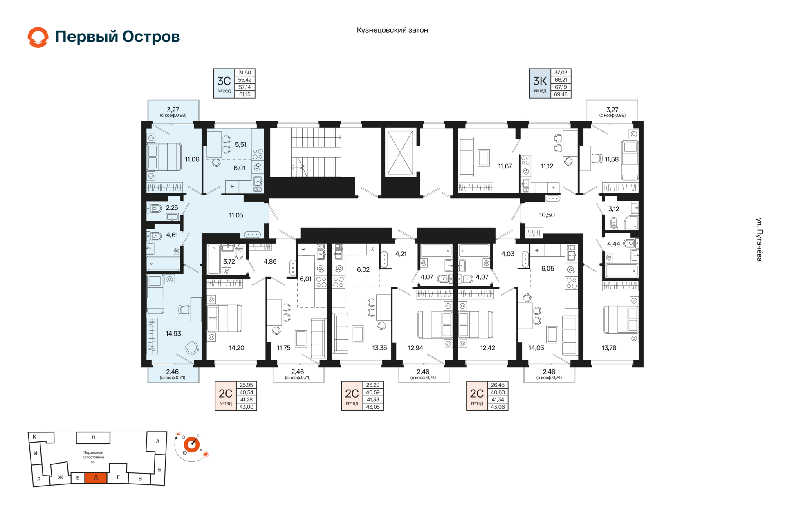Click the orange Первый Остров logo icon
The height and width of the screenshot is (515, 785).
pyautogui.click(x=38, y=37)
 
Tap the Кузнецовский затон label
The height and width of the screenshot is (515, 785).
pyautogui.click(x=392, y=30)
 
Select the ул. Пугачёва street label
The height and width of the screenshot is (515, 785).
pyautogui.click(x=759, y=240)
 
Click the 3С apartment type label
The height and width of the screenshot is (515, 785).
pyautogui.click(x=224, y=81)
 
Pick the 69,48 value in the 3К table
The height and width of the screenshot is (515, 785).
pyautogui.click(x=561, y=94)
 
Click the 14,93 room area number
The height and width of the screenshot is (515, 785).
pyautogui.click(x=173, y=334)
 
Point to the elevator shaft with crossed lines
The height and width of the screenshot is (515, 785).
pyautogui.click(x=400, y=152)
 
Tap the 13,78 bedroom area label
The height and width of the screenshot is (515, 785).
pyautogui.click(x=609, y=348)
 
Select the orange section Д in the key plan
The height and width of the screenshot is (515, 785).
pyautogui.click(x=96, y=477)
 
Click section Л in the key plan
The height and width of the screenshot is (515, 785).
pyautogui.click(x=93, y=438)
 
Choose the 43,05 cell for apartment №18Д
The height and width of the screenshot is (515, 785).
pyautogui.click(x=373, y=407)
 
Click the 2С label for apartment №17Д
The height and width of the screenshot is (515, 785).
pyautogui.click(x=477, y=393)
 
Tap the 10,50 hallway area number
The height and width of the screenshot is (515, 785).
pyautogui.click(x=547, y=215)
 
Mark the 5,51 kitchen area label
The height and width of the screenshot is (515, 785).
pyautogui.click(x=240, y=145)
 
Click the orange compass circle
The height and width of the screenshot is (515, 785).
pyautogui.click(x=191, y=445)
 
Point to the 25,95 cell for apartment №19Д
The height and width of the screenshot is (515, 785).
pyautogui.click(x=247, y=385)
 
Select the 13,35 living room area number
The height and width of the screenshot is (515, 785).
pyautogui.click(x=379, y=348)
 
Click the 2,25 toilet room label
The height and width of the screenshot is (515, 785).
pyautogui.click(x=172, y=208)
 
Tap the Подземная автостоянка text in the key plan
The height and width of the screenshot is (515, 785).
pyautogui.click(x=93, y=455)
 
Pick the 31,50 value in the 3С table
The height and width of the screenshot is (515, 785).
pyautogui.click(x=245, y=73)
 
